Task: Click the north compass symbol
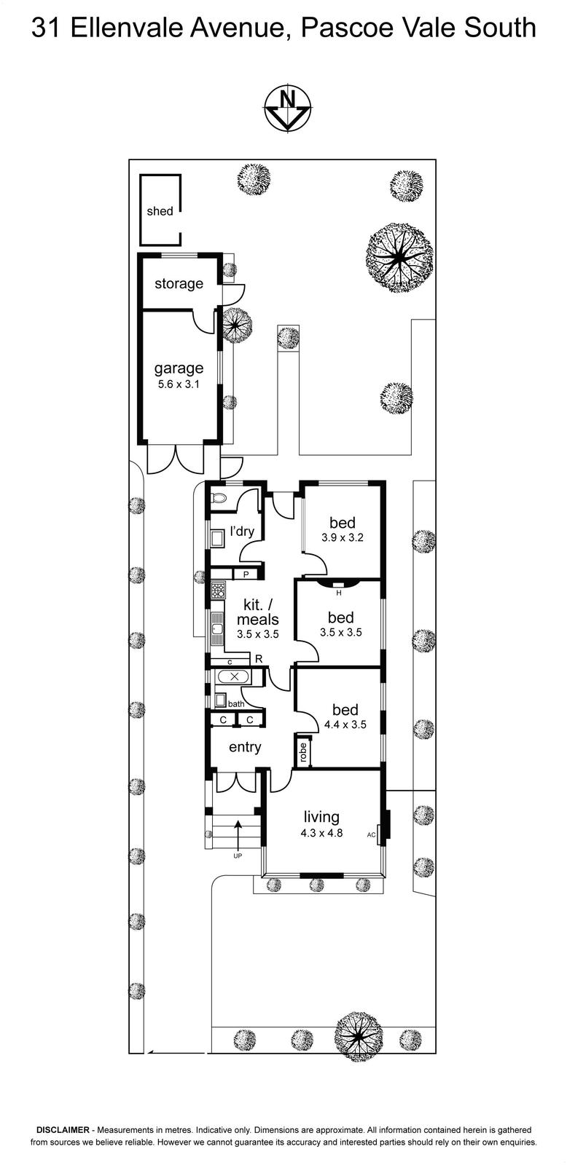tap(288, 107)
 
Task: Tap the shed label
tap(160, 211)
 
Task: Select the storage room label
tap(179, 283)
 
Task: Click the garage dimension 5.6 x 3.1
tap(179, 385)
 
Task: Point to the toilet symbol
tap(219, 498)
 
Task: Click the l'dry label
tap(242, 531)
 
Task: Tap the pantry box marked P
tap(246, 574)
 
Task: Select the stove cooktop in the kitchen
tap(218, 589)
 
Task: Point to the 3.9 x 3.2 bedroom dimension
tap(342, 538)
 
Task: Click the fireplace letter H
tap(339, 593)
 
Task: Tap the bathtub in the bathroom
tap(234, 676)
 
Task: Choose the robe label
tap(303, 751)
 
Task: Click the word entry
tap(245, 747)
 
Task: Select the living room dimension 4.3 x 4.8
tap(321, 833)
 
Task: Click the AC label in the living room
tap(371, 834)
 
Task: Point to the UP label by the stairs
tap(238, 855)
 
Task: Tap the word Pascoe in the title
tap(342, 28)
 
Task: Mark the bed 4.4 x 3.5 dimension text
tap(345, 724)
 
